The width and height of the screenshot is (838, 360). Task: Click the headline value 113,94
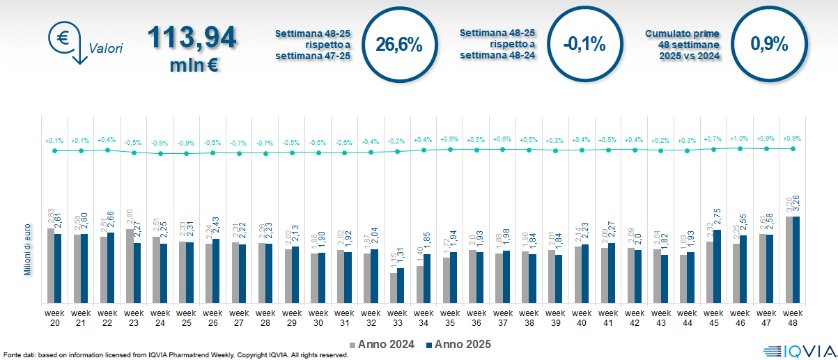click(192, 38)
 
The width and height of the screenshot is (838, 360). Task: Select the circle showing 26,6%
click(399, 45)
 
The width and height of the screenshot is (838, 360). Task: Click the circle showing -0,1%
click(584, 45)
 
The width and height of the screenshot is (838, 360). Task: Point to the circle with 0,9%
click(769, 45)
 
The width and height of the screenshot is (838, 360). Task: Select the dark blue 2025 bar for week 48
click(796, 260)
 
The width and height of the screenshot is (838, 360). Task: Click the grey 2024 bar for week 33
click(394, 288)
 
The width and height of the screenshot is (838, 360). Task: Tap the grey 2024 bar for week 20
click(51, 265)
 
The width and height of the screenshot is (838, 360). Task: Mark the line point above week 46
click(740, 148)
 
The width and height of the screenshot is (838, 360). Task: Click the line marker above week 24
click(160, 153)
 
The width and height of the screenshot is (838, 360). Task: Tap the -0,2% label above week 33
click(396, 141)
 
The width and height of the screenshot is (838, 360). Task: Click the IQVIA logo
click(799, 351)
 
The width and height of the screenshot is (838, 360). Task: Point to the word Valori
click(106, 49)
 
